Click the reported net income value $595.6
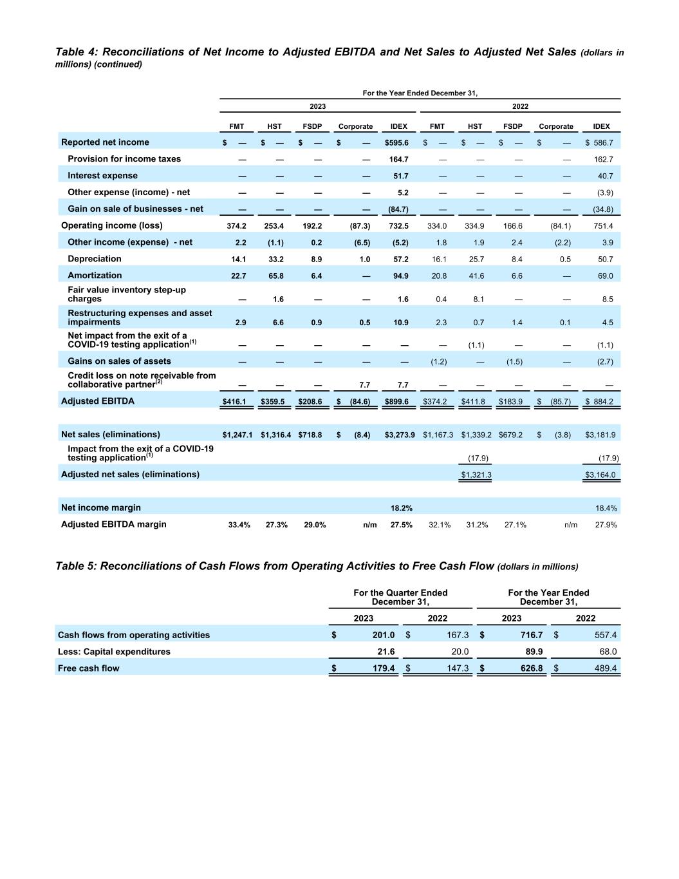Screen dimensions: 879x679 click(396, 143)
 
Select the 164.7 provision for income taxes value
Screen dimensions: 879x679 click(399, 160)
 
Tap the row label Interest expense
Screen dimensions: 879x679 click(102, 176)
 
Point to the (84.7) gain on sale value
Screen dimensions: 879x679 click(398, 209)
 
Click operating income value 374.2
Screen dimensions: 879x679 click(236, 226)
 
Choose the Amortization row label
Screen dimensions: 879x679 click(95, 276)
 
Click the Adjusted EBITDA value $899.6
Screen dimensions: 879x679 click(396, 402)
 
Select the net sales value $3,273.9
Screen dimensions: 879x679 click(400, 435)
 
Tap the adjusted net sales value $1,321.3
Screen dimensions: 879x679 click(476, 475)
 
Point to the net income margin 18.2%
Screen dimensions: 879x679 click(402, 508)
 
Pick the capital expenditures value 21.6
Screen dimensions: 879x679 click(386, 652)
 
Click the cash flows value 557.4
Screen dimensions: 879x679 click(605, 635)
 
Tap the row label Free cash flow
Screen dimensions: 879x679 click(89, 668)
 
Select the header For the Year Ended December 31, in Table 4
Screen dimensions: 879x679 click(420, 93)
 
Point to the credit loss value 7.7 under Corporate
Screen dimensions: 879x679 click(364, 385)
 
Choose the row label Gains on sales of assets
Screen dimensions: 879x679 click(119, 361)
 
